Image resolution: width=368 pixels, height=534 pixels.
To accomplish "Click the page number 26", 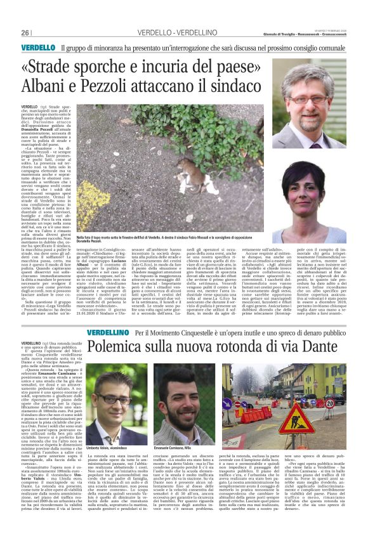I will [26, 33].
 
